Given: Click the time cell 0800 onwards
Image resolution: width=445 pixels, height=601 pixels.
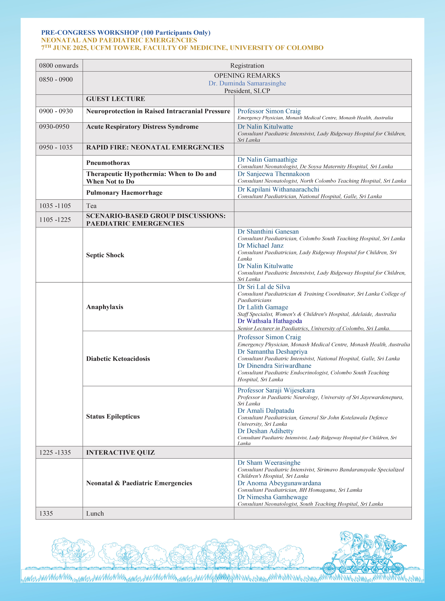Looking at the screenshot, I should (x=59, y=66).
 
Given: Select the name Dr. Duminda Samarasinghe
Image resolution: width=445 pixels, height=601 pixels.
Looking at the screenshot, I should (x=247, y=83).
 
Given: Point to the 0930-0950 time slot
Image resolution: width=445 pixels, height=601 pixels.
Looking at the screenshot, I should (x=54, y=127).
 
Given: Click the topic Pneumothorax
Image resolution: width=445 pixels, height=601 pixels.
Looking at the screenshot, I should (x=108, y=163).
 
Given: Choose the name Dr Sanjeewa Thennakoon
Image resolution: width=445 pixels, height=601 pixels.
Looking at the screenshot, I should (x=273, y=174).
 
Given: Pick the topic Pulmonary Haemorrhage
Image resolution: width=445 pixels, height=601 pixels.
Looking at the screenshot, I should (x=124, y=193).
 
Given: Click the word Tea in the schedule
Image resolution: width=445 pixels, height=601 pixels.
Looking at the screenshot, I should (x=91, y=206).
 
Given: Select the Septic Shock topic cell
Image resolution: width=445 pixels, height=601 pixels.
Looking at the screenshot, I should (x=105, y=255).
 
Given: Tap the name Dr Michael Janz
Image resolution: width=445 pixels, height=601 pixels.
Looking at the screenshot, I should (x=261, y=245).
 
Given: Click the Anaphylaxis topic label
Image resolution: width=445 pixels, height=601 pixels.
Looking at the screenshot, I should (x=105, y=307).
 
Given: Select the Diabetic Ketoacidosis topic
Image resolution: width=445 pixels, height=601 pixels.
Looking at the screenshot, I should (x=118, y=359).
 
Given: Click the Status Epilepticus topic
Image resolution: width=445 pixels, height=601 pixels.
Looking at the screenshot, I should (x=113, y=417).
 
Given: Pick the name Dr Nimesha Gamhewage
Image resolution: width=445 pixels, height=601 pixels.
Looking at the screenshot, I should (x=272, y=497).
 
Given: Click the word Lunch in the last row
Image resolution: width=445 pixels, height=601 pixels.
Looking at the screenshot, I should (x=95, y=513).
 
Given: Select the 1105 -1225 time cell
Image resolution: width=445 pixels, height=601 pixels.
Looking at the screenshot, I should (x=55, y=220).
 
